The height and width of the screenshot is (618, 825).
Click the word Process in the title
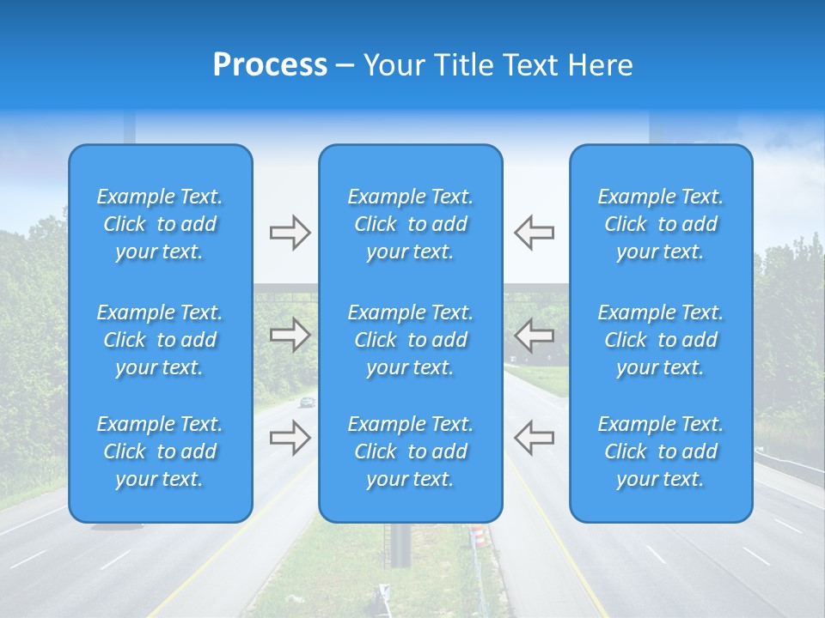(270, 64)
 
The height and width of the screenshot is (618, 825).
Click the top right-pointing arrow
(290, 233)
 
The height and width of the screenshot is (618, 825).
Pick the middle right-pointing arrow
(290, 335)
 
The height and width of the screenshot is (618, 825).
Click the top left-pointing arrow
(534, 233)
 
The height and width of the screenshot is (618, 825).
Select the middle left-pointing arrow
(534, 335)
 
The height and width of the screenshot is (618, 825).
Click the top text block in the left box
(160, 224)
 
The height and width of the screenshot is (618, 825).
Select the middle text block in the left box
(160, 340)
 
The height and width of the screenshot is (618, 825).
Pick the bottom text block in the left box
(160, 451)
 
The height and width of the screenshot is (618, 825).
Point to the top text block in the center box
(411, 224)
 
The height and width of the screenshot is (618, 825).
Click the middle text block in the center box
(411, 340)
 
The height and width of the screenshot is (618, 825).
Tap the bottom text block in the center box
(411, 451)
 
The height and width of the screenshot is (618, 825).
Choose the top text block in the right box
(661, 224)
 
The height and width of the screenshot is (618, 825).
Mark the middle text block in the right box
(661, 340)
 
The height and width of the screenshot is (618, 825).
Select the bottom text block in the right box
(661, 451)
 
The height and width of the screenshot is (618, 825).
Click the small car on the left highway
(307, 402)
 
